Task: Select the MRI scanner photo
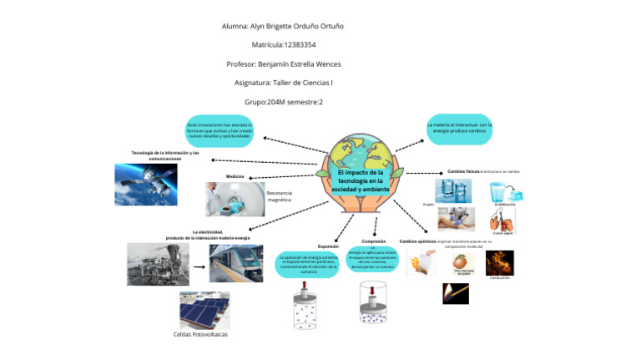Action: click(x=234, y=199)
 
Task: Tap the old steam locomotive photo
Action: click(x=158, y=263)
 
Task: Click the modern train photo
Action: click(x=235, y=263)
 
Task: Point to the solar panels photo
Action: click(x=204, y=310)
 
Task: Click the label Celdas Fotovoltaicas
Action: click(x=200, y=334)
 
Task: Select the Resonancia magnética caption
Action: click(x=279, y=197)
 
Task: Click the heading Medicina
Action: click(x=235, y=176)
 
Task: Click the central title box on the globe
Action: click(x=356, y=180)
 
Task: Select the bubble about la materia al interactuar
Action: click(x=458, y=128)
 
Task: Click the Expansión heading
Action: click(x=328, y=247)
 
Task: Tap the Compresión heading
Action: click(x=373, y=241)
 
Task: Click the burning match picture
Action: click(x=455, y=293)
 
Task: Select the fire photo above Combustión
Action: click(x=499, y=262)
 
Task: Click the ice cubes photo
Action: click(x=453, y=190)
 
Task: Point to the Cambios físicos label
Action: click(x=463, y=170)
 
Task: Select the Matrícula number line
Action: click(x=283, y=44)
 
